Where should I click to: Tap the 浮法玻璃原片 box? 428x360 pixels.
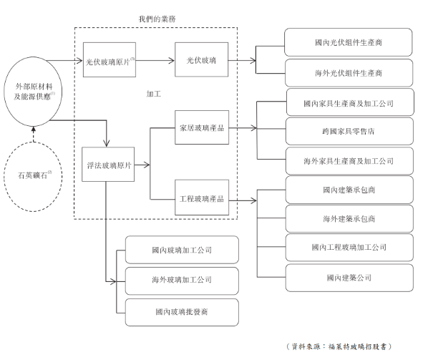107,165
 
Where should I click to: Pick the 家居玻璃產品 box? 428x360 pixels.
200,129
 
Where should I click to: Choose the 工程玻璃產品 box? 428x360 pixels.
200,198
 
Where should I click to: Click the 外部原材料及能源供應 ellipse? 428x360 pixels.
32,91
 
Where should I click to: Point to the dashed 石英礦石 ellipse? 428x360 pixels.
32,174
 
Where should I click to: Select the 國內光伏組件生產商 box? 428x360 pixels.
348,43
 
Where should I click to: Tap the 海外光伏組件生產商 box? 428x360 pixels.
348,73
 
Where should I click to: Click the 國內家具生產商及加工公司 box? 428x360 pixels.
348,103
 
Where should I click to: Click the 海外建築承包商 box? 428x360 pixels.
348,218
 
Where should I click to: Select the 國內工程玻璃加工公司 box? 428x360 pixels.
348,247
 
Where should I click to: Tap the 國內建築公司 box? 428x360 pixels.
348,277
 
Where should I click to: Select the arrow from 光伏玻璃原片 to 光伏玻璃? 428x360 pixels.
153,59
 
